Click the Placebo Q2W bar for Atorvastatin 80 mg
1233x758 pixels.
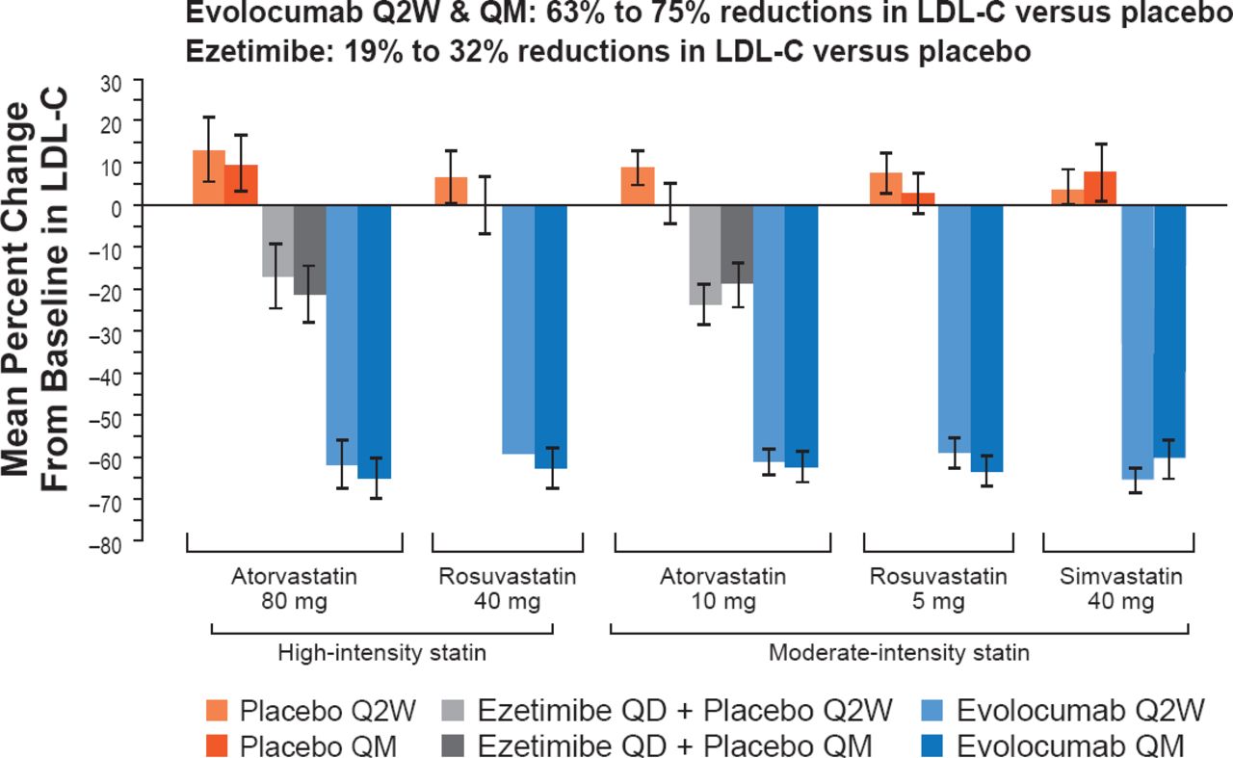pos(209,178)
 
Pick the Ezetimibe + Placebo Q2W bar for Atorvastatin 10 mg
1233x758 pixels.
pos(705,255)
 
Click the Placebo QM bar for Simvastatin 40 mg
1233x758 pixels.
pos(1100,189)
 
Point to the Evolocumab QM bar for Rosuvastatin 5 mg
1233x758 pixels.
pos(987,338)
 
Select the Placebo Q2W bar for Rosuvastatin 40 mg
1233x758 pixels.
pos(451,192)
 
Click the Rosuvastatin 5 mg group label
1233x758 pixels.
pos(938,590)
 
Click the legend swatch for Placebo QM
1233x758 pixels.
pos(219,745)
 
